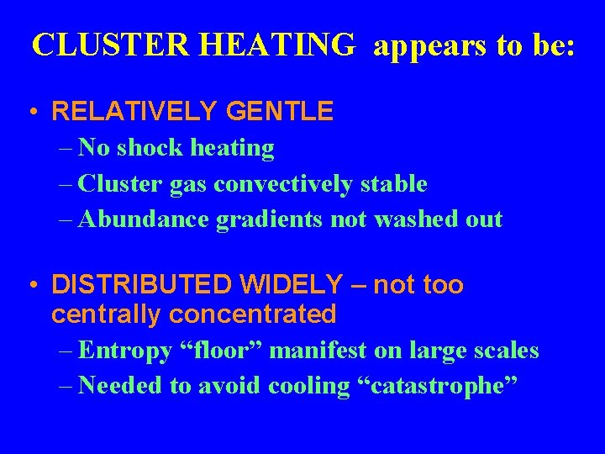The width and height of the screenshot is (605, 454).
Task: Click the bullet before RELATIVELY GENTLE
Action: pos(30,111)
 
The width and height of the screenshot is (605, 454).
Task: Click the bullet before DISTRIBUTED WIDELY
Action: pos(30,286)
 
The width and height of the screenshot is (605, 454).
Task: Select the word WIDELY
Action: pos(298,286)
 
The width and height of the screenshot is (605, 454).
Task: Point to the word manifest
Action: pos(317,350)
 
